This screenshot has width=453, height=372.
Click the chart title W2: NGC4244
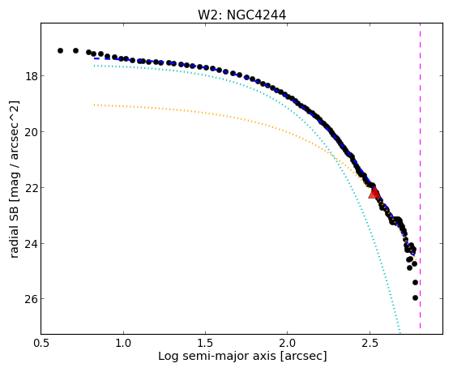[241, 15]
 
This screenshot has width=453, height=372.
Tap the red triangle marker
[374, 193]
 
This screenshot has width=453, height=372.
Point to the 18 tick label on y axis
[31, 76]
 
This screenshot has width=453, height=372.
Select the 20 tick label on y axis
[31, 132]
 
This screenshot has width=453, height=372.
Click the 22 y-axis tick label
[31, 187]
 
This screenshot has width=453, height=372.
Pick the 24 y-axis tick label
[31, 243]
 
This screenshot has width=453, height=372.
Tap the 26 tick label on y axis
[31, 299]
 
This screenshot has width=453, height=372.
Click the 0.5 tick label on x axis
[41, 343]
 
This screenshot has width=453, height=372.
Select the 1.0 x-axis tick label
[123, 343]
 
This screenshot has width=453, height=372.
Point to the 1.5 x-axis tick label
[205, 343]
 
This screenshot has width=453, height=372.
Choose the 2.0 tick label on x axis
[288, 343]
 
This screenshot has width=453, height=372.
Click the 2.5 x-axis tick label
[370, 343]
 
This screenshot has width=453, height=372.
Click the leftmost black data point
[60, 50]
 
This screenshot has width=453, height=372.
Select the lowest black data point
[415, 297]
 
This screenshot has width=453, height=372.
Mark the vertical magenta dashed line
[420, 176]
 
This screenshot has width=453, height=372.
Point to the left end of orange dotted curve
[94, 105]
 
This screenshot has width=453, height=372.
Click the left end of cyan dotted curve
[94, 66]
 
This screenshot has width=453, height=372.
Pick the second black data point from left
[75, 50]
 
